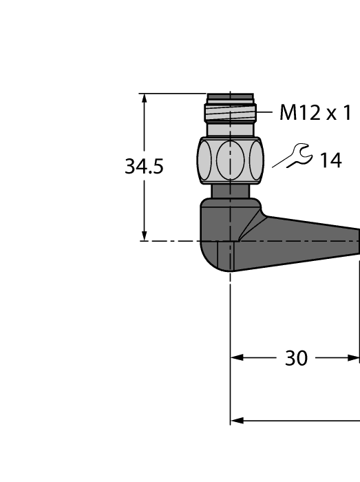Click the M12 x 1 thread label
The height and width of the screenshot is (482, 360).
click(315, 113)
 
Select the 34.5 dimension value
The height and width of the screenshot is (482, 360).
click(144, 167)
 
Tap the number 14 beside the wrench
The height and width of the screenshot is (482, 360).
click(330, 160)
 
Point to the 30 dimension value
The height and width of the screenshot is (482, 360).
click(296, 358)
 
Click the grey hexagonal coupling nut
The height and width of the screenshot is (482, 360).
click(230, 160)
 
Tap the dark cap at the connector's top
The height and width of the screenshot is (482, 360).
click(230, 98)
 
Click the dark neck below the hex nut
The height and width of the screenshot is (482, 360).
click(230, 191)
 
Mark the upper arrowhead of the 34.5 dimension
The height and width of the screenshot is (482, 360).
click(145, 98)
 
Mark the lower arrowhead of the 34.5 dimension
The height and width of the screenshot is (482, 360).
click(145, 235)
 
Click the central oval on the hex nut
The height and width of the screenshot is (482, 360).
click(230, 160)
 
